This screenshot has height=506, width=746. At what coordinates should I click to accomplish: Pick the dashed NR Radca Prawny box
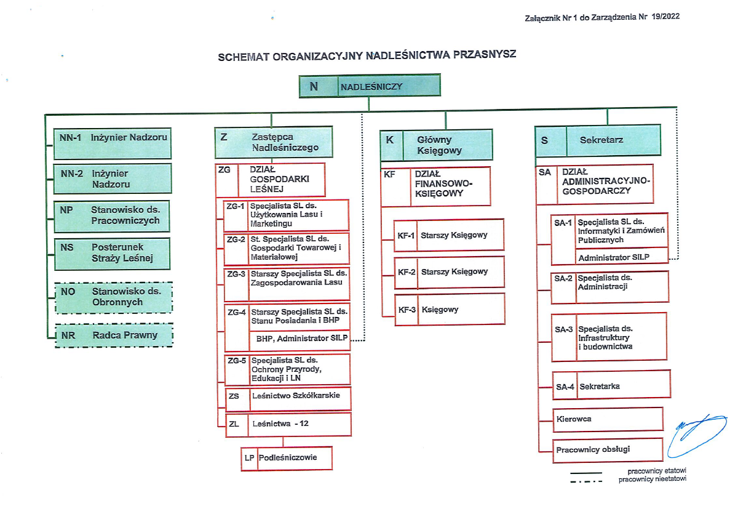(x=114, y=335)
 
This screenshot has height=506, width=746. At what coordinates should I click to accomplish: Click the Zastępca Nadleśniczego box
(x=273, y=142)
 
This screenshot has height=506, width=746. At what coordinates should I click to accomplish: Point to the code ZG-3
(x=236, y=274)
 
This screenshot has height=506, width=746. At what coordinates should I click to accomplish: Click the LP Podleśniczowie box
(x=287, y=458)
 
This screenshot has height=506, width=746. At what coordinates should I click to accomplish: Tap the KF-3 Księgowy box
(x=450, y=309)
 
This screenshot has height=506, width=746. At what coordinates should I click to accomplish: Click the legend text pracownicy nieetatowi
(x=652, y=480)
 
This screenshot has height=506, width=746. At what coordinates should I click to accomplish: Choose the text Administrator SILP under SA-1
(x=613, y=257)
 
